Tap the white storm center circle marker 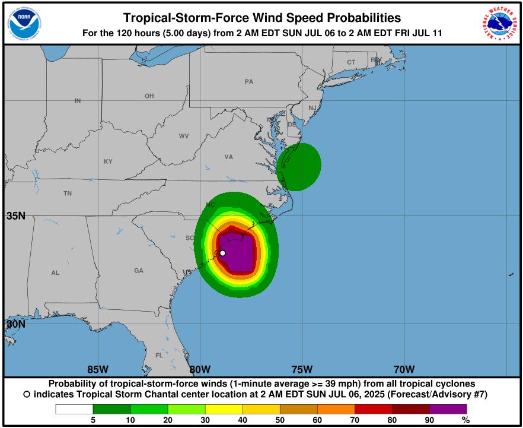(222, 253)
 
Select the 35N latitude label (16, 216)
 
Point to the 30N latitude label (16, 324)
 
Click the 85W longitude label (98, 369)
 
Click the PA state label (248, 81)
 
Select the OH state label (149, 96)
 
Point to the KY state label (108, 161)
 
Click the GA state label (139, 271)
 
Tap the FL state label (159, 356)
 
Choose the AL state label (55, 273)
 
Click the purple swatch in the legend (448, 409)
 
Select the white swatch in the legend (75, 409)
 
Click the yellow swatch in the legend (224, 409)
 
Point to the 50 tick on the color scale (280, 420)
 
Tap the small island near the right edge (511, 274)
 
